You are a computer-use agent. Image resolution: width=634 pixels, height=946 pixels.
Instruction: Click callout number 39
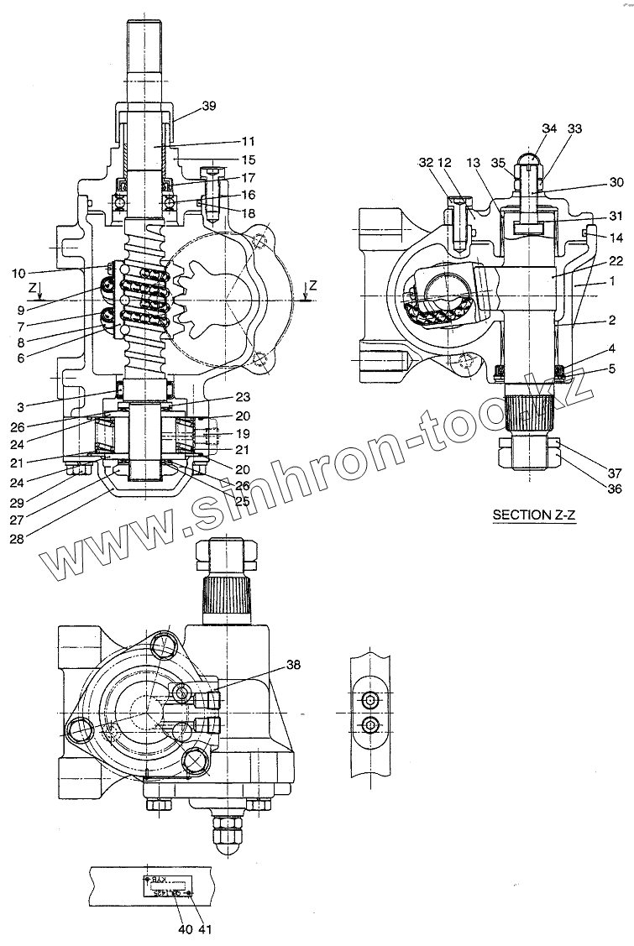pos(208,106)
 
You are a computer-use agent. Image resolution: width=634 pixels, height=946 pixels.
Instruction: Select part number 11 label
pos(248,142)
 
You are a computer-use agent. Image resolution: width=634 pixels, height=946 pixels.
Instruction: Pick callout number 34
pos(549,128)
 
